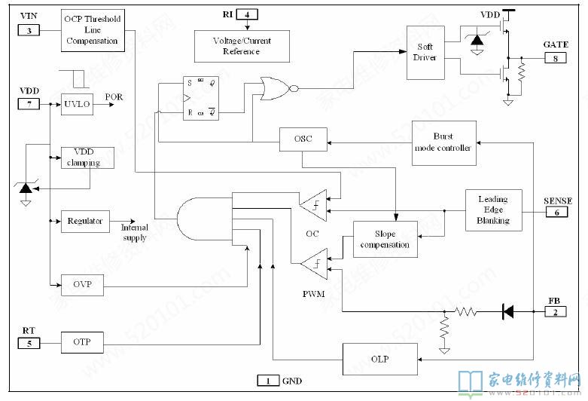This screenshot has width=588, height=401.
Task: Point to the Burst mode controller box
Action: click(x=444, y=142)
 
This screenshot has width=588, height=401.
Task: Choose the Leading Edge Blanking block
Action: click(x=493, y=210)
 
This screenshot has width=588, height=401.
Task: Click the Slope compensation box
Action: click(x=385, y=239)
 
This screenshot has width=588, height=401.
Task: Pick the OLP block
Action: click(x=380, y=360)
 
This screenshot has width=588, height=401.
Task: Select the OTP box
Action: click(x=82, y=342)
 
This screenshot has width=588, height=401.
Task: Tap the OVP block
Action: click(x=82, y=284)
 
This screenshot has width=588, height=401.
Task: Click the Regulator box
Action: click(x=85, y=221)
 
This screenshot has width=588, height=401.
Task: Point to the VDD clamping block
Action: click(x=82, y=157)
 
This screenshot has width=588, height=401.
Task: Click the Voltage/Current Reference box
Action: click(x=241, y=46)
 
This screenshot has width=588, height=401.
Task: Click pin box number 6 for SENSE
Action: click(x=555, y=213)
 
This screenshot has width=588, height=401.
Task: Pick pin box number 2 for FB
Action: click(x=555, y=311)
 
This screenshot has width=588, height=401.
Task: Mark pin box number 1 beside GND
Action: click(x=267, y=381)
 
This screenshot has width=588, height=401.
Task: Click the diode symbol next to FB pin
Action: click(x=508, y=311)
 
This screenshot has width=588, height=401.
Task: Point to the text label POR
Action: click(x=114, y=97)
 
